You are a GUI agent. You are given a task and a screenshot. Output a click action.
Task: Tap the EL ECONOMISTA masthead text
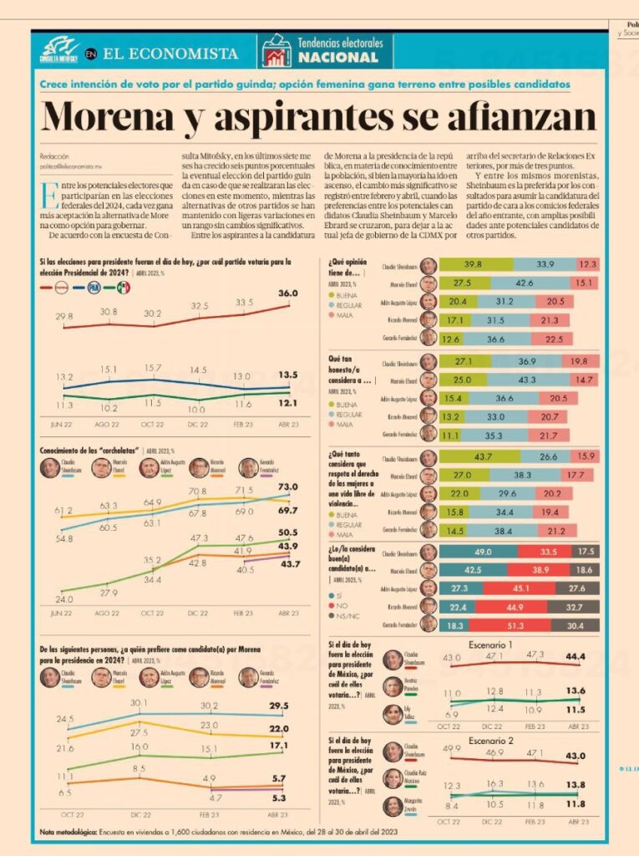[170, 53]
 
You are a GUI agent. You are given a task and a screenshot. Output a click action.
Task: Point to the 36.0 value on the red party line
[288, 293]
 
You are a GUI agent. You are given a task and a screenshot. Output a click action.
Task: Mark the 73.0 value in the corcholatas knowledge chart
[287, 487]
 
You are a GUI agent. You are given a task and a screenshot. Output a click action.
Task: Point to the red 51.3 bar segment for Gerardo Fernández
[515, 624]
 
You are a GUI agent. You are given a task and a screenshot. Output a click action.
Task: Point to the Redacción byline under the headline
[54, 156]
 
